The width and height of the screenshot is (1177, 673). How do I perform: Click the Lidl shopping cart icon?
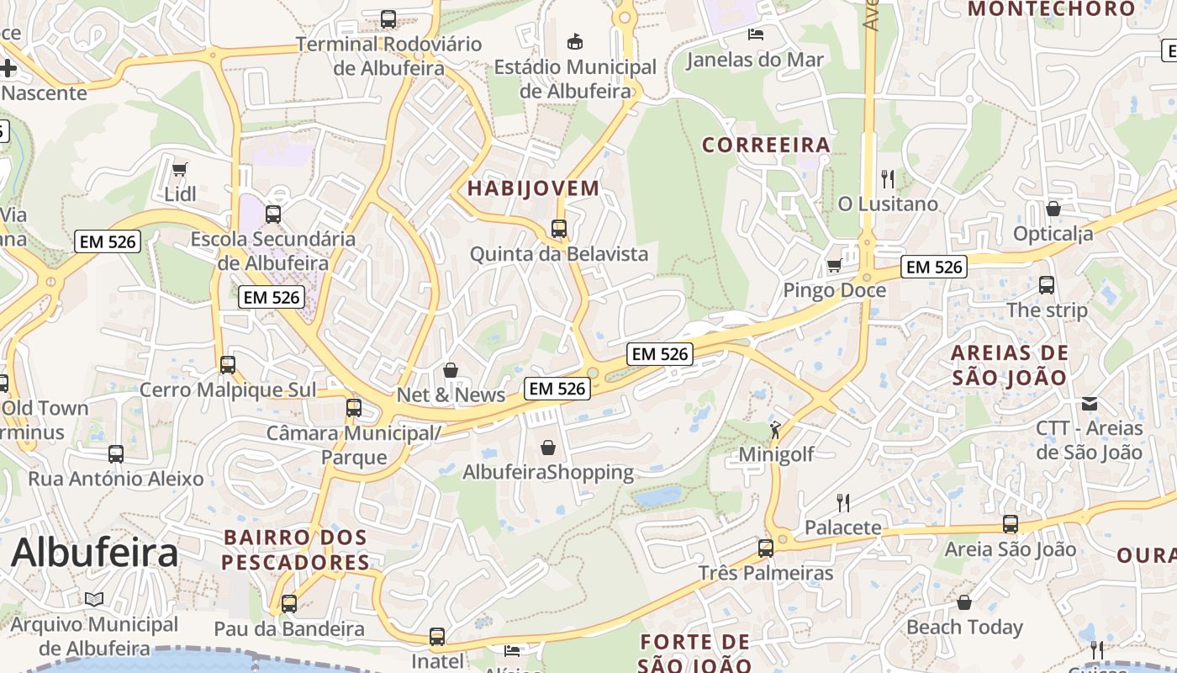coord(179,170)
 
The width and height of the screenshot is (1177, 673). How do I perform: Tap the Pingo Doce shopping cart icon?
coord(834,266)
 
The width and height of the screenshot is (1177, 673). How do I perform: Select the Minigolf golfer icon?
coord(775,430)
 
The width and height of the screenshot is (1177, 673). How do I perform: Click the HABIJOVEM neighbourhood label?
coord(533,188)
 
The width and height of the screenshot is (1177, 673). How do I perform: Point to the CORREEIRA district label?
coord(766,146)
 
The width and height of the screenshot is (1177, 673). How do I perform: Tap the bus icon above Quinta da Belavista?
coord(559,228)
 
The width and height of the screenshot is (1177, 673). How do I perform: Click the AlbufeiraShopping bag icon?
coord(548,447)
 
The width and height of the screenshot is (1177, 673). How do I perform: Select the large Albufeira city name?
coord(94,553)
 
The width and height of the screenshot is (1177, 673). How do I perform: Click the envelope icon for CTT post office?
coord(1090,404)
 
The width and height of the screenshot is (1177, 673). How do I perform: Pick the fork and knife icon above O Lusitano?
coord(887,178)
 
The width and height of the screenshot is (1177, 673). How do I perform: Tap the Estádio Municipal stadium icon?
coord(575,41)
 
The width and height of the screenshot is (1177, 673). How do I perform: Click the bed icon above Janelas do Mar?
coord(756,34)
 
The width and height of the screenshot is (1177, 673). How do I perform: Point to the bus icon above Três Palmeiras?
coord(766,548)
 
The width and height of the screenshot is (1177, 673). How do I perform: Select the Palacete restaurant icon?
coord(843,503)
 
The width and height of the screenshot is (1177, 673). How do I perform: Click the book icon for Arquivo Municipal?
coord(94,599)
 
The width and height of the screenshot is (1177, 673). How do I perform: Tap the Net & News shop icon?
coord(451,370)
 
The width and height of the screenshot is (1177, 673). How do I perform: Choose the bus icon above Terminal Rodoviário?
coord(388,19)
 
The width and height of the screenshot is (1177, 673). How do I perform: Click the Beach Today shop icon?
coord(964,602)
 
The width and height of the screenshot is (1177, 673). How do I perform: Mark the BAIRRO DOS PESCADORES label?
coord(296,549)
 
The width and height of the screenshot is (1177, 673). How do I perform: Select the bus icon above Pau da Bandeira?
coord(289,603)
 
